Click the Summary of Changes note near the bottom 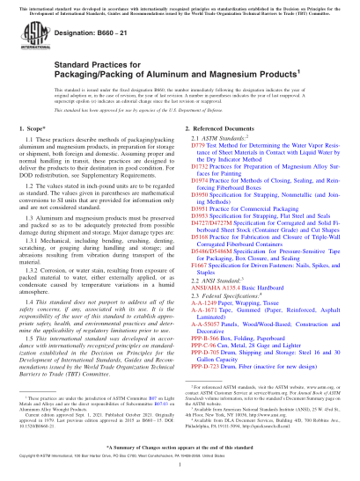tap(180, 447)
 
